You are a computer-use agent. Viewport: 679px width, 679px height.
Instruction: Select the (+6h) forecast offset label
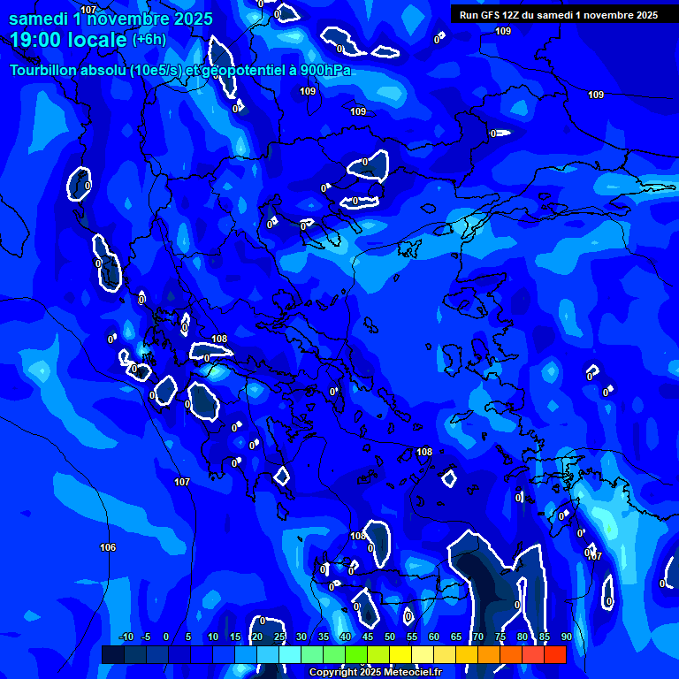[x=148, y=39]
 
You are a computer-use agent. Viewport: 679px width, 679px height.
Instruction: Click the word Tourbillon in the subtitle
[x=43, y=71]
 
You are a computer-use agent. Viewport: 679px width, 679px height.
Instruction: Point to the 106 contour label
[x=108, y=547]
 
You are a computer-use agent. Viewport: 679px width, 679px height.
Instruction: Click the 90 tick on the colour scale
[x=566, y=637]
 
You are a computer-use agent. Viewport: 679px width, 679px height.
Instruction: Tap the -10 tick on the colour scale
[x=126, y=637]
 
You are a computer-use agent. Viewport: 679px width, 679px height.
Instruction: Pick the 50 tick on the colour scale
[x=389, y=637]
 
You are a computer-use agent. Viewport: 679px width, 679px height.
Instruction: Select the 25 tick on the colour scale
[x=278, y=637]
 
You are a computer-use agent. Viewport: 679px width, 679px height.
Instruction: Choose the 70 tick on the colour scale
[x=477, y=637]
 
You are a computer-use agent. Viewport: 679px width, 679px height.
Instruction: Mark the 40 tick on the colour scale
[x=345, y=637]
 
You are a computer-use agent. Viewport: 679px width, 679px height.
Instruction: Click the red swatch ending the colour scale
[x=554, y=654]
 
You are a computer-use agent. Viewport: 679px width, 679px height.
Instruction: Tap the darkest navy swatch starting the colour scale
[x=112, y=654]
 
